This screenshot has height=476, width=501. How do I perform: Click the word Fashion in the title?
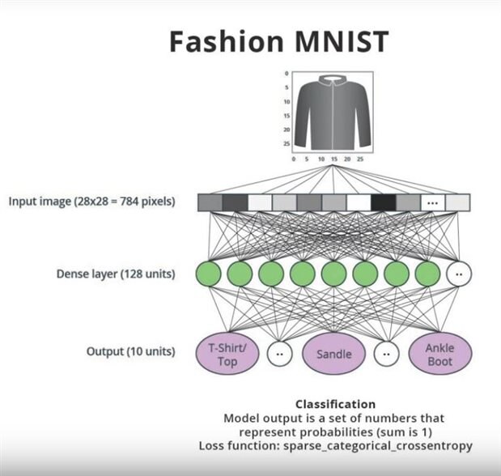[x=214, y=41]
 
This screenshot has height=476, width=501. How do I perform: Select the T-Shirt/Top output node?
[x=227, y=353]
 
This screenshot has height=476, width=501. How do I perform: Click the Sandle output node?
[x=333, y=353]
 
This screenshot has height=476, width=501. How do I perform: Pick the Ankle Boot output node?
[x=439, y=353]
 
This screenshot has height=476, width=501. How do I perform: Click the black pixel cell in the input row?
[x=383, y=202]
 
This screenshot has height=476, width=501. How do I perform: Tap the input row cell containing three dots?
[x=433, y=202]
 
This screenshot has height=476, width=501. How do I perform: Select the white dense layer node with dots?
[x=458, y=273]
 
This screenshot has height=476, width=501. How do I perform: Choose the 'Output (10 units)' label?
[x=130, y=352]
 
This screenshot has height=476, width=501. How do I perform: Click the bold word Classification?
[x=335, y=403]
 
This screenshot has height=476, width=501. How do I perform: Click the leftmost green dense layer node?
[x=209, y=273]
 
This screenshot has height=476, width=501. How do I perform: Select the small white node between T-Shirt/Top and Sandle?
[x=280, y=353]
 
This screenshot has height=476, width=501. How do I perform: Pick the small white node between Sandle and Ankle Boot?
[x=386, y=353]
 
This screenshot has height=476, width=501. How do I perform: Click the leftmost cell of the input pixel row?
[x=210, y=202]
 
